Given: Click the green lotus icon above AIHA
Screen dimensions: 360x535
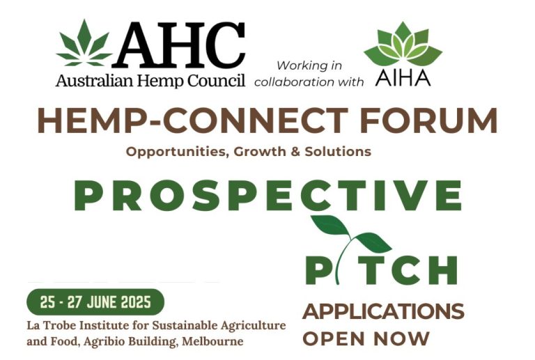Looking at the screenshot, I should click(x=403, y=46).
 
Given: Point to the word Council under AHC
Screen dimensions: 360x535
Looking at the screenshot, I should click(x=217, y=81).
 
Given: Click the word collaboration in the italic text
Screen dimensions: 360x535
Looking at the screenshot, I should click(x=291, y=81).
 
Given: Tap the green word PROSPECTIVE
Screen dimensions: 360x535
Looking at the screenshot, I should click(x=268, y=195).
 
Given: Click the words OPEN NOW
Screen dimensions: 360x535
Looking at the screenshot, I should click(x=366, y=339).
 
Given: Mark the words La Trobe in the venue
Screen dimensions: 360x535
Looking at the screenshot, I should click(x=50, y=326).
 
